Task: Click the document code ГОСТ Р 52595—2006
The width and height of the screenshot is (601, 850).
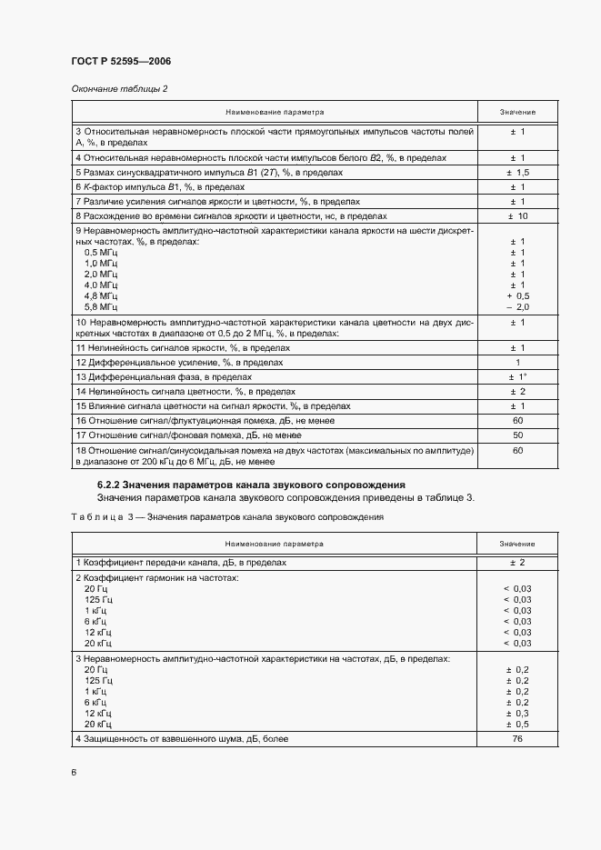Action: (x=121, y=62)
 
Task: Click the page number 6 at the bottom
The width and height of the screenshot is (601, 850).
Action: (x=74, y=772)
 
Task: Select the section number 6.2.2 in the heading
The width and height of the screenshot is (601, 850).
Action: (x=108, y=485)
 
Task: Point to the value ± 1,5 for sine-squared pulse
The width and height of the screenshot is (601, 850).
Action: (x=517, y=172)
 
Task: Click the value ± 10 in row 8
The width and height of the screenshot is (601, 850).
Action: (x=517, y=216)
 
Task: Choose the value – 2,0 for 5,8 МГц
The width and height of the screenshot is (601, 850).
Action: (x=517, y=307)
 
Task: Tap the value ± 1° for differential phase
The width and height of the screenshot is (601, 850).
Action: (x=517, y=376)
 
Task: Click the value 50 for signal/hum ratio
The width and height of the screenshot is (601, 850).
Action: (x=517, y=435)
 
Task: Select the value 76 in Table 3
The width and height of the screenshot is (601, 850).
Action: (x=517, y=739)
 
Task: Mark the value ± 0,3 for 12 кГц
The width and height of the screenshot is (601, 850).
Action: (x=517, y=713)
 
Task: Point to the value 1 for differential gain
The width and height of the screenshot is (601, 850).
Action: (x=517, y=362)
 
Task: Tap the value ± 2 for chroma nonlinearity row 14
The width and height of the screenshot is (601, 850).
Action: (x=517, y=391)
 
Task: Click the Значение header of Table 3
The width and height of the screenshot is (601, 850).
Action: (x=517, y=544)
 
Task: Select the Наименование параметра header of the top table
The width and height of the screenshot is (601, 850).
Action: (x=275, y=112)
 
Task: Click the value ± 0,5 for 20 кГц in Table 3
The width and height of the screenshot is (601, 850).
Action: (x=517, y=724)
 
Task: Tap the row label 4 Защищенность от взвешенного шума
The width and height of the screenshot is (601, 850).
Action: (x=182, y=739)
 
